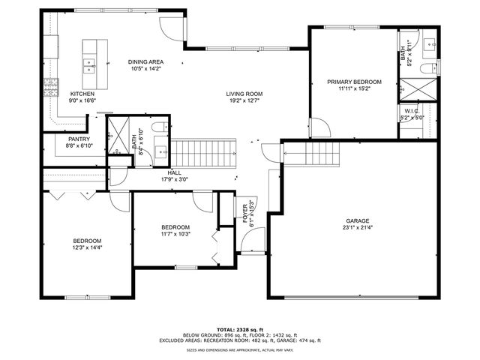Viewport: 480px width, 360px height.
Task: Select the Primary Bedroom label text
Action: click(x=354, y=82)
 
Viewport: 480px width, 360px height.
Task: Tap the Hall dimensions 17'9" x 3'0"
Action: click(x=174, y=179)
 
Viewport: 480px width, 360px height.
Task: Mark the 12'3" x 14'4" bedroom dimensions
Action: click(x=87, y=247)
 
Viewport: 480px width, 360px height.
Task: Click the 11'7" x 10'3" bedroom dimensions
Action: click(x=175, y=234)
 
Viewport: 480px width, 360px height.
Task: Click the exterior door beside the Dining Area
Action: click(x=171, y=27)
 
